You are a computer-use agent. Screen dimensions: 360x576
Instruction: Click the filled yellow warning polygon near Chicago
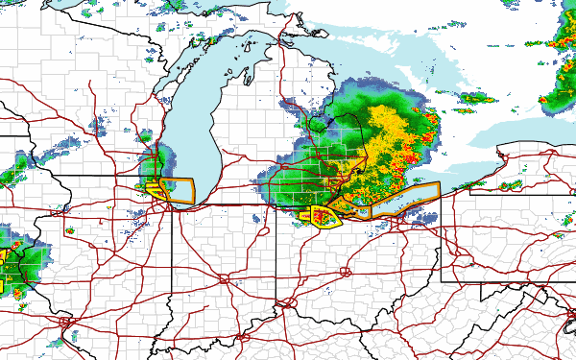[x=156, y=190]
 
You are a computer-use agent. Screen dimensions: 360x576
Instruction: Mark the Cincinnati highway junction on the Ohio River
[x=285, y=305]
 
